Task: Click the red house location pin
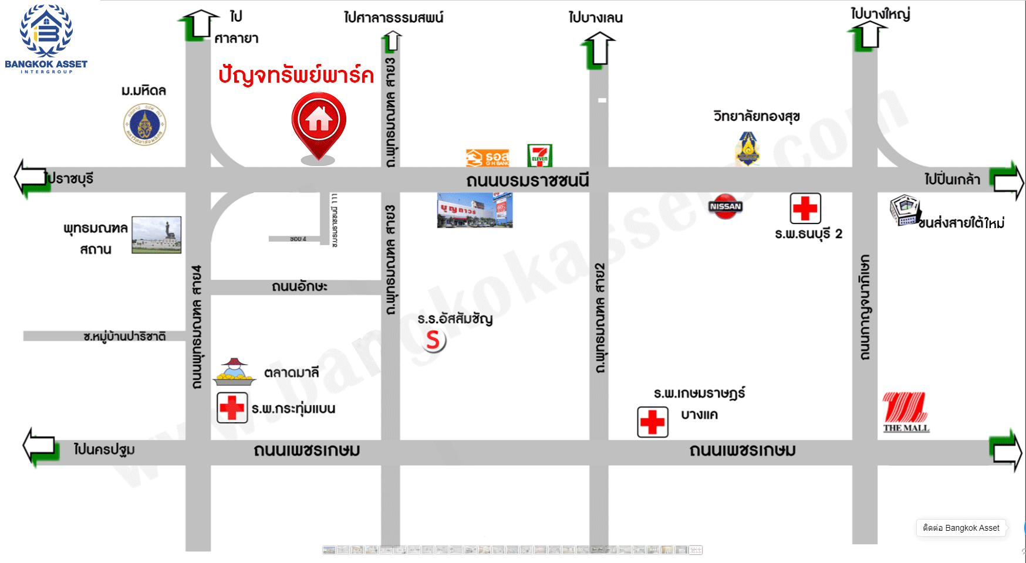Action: click(x=319, y=124)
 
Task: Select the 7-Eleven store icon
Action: click(x=539, y=156)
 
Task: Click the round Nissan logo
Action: click(x=725, y=206)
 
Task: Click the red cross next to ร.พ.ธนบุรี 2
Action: click(x=805, y=208)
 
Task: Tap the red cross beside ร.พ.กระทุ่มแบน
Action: click(x=232, y=408)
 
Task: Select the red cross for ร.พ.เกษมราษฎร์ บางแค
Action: click(x=653, y=422)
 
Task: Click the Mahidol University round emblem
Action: click(x=144, y=124)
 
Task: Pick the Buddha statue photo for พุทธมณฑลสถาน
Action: click(x=156, y=235)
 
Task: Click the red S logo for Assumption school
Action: click(x=433, y=340)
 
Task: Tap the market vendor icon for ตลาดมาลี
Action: click(x=234, y=372)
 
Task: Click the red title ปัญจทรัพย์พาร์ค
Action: click(x=296, y=75)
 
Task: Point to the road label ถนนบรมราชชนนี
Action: click(x=527, y=181)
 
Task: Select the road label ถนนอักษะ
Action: click(x=299, y=287)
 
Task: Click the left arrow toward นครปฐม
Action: click(x=40, y=447)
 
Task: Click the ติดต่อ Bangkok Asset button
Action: click(x=961, y=528)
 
